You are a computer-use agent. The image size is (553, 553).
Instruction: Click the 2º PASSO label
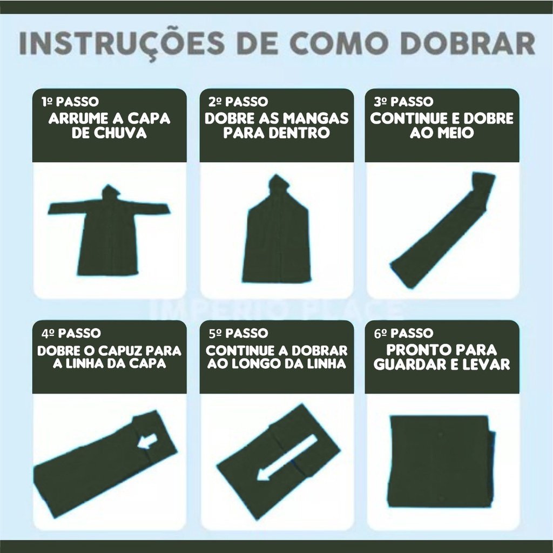(238, 102)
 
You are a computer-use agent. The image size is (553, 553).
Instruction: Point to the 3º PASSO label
(403, 102)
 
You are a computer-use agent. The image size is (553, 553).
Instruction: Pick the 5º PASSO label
(238, 333)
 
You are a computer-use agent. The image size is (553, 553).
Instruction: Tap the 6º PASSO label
(403, 333)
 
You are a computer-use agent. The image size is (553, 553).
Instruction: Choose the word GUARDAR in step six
(407, 365)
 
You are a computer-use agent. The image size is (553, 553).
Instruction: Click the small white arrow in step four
(147, 442)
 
